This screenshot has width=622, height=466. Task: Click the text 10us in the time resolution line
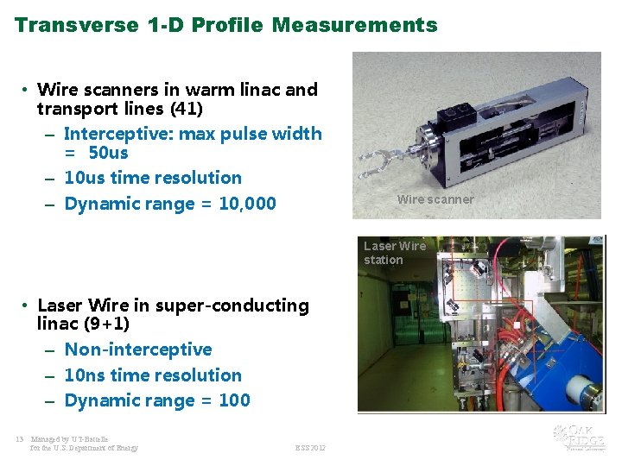pos(85,178)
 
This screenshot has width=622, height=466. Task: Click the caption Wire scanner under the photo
pos(435,199)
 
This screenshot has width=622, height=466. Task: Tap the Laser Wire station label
pos(395,253)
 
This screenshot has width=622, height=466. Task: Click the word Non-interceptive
pos(138,349)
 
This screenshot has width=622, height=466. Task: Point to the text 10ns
pos(85,375)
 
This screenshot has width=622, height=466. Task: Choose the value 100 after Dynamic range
pos(234,400)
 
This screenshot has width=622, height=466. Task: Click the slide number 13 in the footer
pos(19,438)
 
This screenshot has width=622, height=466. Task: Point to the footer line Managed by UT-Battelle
pos(69,438)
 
